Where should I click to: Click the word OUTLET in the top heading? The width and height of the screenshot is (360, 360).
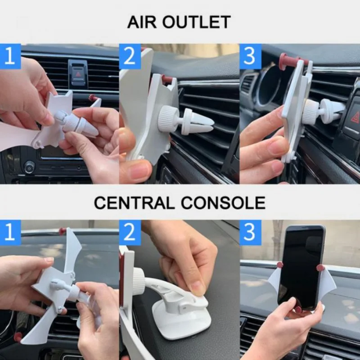tap(197, 22)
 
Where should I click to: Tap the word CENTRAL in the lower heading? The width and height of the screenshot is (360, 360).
tap(134, 203)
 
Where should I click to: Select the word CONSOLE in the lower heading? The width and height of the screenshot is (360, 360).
tap(223, 203)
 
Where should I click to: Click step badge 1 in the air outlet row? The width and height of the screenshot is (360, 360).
tap(10, 56)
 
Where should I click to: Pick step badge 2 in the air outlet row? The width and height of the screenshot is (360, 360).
tap(130, 56)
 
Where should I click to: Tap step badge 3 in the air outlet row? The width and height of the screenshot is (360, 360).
tap(250, 56)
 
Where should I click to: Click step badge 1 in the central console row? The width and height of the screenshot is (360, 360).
tap(10, 232)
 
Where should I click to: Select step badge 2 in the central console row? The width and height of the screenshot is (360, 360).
tap(130, 232)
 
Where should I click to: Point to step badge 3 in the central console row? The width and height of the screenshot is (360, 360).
tap(250, 232)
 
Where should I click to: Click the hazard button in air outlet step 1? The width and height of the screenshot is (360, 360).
tap(78, 74)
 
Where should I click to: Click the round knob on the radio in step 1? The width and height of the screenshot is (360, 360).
tap(30, 167)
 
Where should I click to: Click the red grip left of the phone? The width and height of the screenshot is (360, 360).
tap(280, 265)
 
